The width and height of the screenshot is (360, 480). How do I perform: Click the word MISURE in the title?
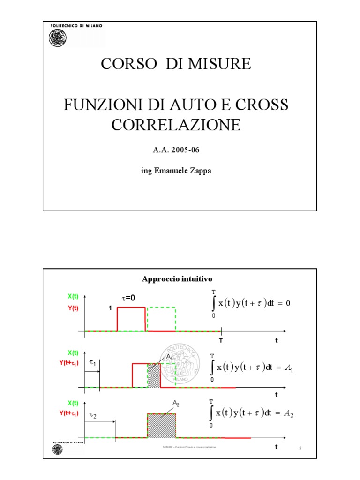(x=221, y=64)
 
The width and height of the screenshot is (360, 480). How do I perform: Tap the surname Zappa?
(x=199, y=171)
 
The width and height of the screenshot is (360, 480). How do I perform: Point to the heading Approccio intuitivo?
(x=177, y=279)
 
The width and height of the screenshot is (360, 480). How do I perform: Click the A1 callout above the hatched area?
(x=169, y=357)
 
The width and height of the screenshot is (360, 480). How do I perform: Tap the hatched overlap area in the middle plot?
(x=154, y=375)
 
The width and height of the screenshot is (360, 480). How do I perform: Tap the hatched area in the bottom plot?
(x=162, y=426)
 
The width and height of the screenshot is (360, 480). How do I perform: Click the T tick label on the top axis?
(x=221, y=340)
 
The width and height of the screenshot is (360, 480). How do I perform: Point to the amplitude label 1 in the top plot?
(x=110, y=308)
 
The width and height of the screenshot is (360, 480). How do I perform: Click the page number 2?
(x=300, y=450)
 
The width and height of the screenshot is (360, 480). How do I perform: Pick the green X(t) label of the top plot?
(x=73, y=296)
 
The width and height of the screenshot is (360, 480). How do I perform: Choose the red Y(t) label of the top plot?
(x=73, y=308)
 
